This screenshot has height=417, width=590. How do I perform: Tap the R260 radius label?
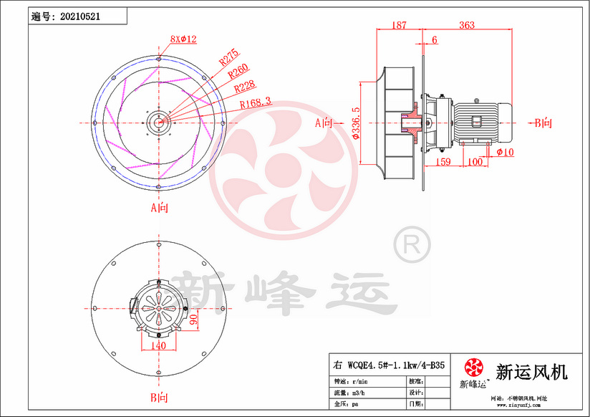click(238, 72)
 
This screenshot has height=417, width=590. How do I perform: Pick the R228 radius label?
click(246, 87)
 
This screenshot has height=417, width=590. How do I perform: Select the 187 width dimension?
click(399, 25)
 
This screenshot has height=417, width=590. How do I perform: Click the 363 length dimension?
click(466, 25)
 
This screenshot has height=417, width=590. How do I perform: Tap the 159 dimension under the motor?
click(442, 163)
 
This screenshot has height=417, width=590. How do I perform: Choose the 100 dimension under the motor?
click(474, 163)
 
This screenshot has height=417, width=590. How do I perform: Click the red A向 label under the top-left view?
click(158, 208)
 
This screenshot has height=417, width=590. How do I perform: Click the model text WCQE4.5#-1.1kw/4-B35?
click(390, 365)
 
